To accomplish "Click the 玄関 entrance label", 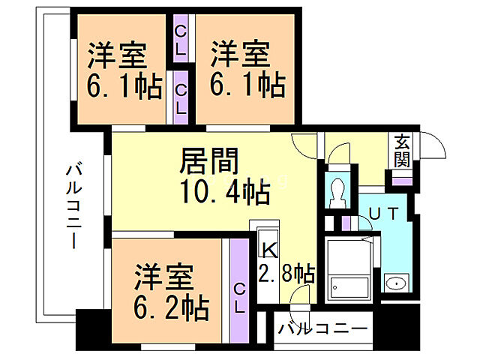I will point(402,150).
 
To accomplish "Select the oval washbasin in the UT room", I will point(394,283).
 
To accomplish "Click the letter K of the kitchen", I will point(267,245).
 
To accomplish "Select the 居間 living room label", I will point(209,161).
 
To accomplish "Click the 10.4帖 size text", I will point(223,193).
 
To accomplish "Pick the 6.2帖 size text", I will point(172,306).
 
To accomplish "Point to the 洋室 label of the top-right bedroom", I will point(239,55).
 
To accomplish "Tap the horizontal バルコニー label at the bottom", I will point(322,328).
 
